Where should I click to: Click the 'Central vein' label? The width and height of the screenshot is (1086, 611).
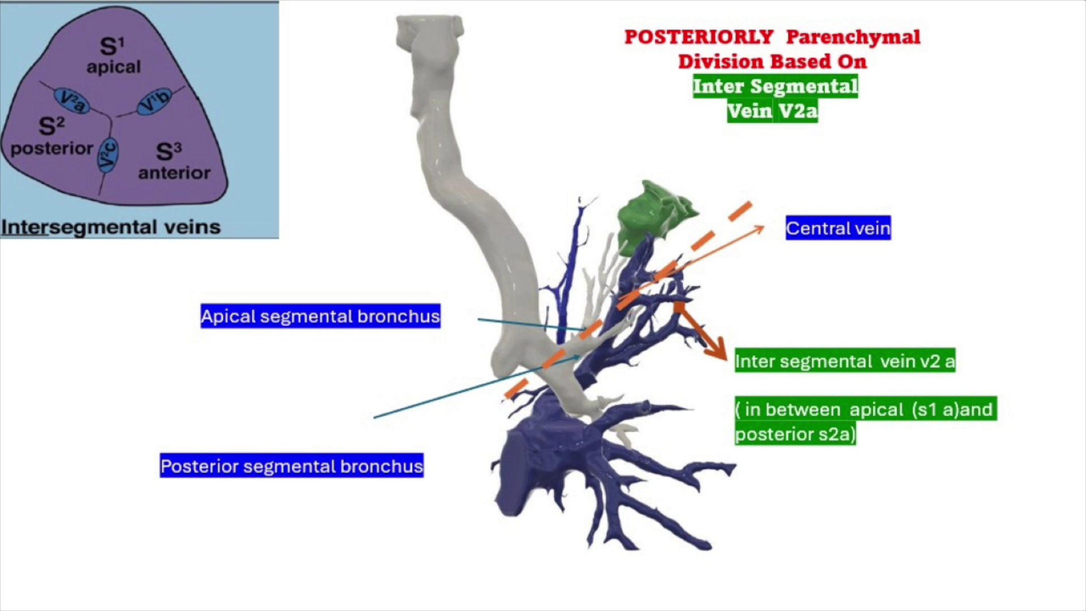(x=838, y=228)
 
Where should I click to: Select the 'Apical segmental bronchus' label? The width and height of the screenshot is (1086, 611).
(x=320, y=316)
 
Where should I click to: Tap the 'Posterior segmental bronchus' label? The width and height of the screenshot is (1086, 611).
(x=291, y=466)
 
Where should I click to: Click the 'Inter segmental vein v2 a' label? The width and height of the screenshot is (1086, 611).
(x=845, y=360)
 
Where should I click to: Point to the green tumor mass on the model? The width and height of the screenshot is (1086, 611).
(x=656, y=215)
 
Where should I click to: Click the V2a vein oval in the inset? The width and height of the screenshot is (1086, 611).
(x=72, y=101)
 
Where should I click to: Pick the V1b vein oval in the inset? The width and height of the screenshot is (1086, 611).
(x=154, y=102)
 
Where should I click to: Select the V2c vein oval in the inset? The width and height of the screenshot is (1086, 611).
(x=107, y=154)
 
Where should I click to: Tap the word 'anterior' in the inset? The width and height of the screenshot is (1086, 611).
(x=174, y=173)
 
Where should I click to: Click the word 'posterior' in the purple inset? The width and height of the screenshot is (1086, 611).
(x=51, y=149)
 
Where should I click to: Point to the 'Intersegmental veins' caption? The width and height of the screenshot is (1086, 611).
(x=111, y=227)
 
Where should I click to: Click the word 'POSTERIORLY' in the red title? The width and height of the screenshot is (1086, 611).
(x=699, y=37)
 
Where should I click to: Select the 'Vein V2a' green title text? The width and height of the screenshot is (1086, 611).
(x=773, y=110)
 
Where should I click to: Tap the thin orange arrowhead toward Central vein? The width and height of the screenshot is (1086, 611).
(x=758, y=229)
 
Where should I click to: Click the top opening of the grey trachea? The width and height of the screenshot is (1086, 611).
(x=430, y=24)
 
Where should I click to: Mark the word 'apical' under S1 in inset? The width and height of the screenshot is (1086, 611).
(x=114, y=67)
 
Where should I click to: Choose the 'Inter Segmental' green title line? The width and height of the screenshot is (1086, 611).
(x=775, y=86)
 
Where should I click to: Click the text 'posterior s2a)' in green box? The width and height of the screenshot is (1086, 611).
(x=795, y=434)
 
